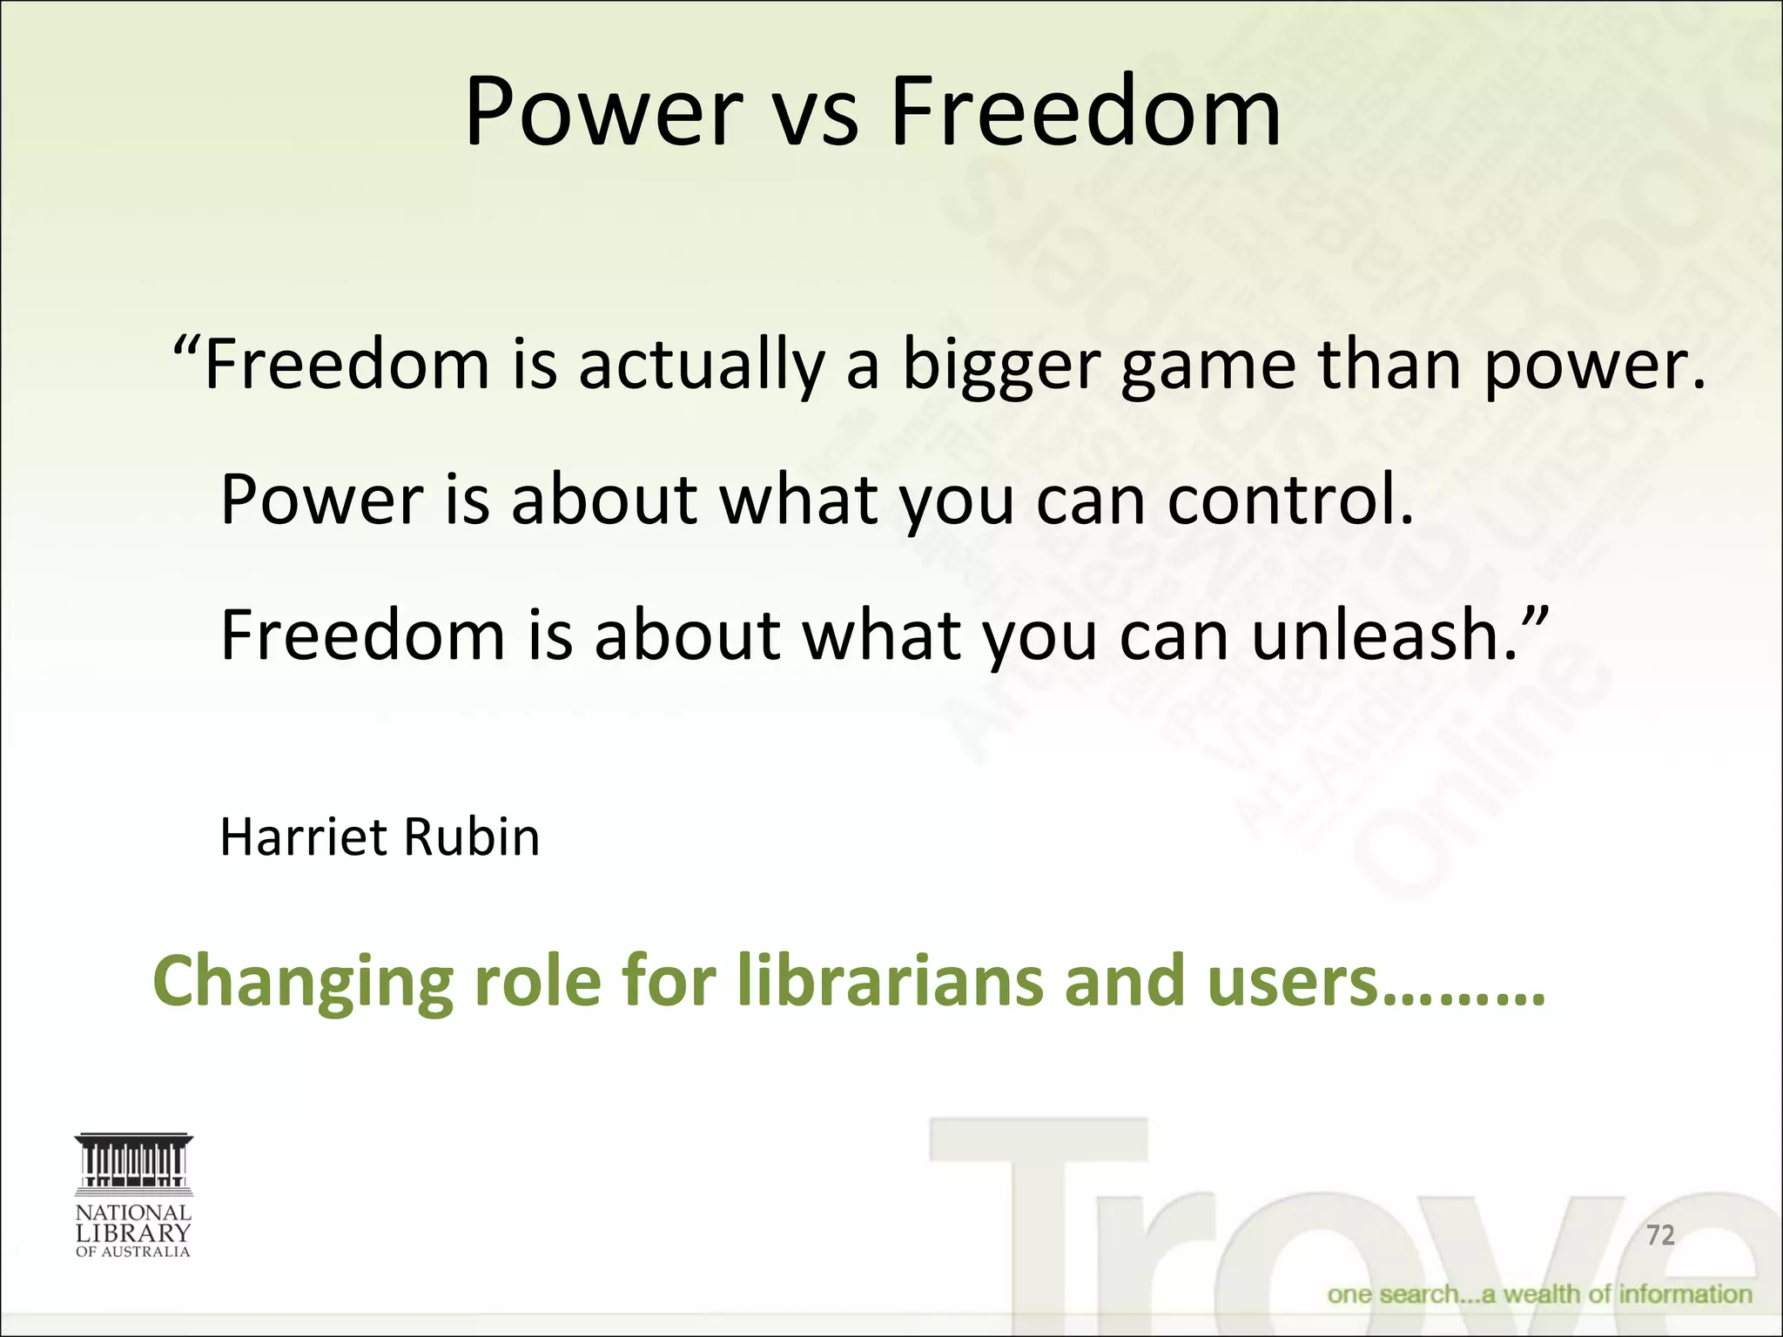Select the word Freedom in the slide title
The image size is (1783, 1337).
point(1085,113)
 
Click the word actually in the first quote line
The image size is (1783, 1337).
point(700,366)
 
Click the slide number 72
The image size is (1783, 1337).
point(1660,1234)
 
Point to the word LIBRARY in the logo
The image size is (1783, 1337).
point(133,1233)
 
